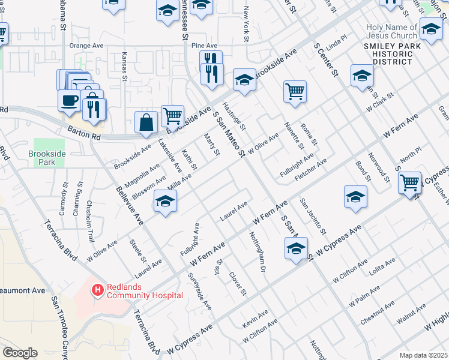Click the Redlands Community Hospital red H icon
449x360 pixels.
point(97,290)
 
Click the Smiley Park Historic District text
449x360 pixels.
point(388,53)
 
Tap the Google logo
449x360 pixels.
point(20,353)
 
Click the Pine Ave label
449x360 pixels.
point(204,46)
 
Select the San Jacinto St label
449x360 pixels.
point(313,217)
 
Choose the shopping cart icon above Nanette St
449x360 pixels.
point(295,92)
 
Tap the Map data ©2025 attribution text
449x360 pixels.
point(423,355)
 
